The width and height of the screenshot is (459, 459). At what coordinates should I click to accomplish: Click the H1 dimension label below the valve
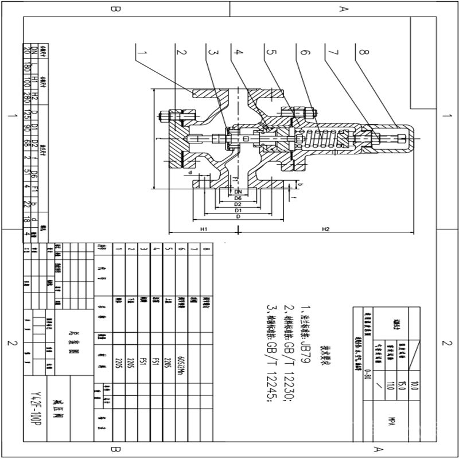click(203, 229)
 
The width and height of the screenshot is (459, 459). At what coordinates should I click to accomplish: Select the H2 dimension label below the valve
click(325, 229)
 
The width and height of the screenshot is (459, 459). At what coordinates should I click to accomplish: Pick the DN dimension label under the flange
click(237, 192)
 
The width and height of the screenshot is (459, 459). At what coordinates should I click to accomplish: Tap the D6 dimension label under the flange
click(237, 198)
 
